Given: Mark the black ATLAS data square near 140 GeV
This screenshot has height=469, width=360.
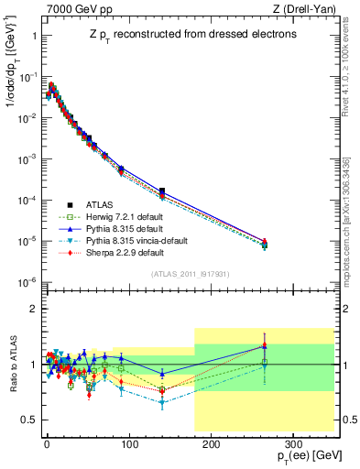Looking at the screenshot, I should click(162, 191).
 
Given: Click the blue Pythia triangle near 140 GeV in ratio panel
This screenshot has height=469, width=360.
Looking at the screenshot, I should click(162, 374).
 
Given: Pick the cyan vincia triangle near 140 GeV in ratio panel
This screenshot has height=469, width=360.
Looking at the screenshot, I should click(162, 402).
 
